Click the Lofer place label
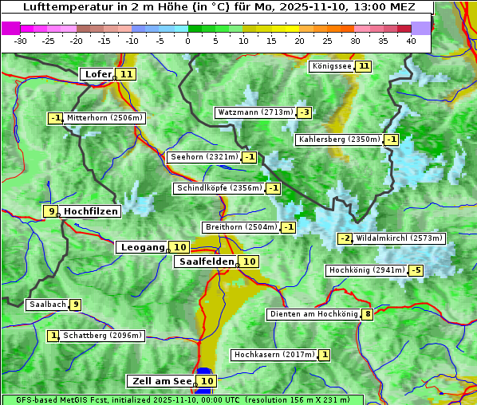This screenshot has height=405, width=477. click(x=97, y=74)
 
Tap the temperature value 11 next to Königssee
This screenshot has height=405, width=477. click(x=365, y=66)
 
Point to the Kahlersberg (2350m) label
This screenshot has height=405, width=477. click(x=339, y=140)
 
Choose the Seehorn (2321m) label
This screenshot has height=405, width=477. click(x=204, y=157)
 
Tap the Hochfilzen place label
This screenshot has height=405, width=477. click(x=91, y=211)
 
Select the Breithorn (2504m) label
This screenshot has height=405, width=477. click(x=240, y=227)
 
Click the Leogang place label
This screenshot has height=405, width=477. click(x=142, y=247)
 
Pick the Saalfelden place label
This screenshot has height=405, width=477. click(x=206, y=261)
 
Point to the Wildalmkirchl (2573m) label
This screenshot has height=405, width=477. click(x=400, y=238)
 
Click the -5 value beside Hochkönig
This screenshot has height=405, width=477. click(x=416, y=271)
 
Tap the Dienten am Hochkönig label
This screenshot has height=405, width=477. click(x=313, y=314)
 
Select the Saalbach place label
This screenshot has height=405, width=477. click(x=46, y=305)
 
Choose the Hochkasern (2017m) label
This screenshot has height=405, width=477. click(x=274, y=355)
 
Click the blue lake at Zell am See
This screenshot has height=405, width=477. click(x=205, y=372)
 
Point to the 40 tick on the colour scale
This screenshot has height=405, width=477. click(x=411, y=41)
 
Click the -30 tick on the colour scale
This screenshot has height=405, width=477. click(x=21, y=41)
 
